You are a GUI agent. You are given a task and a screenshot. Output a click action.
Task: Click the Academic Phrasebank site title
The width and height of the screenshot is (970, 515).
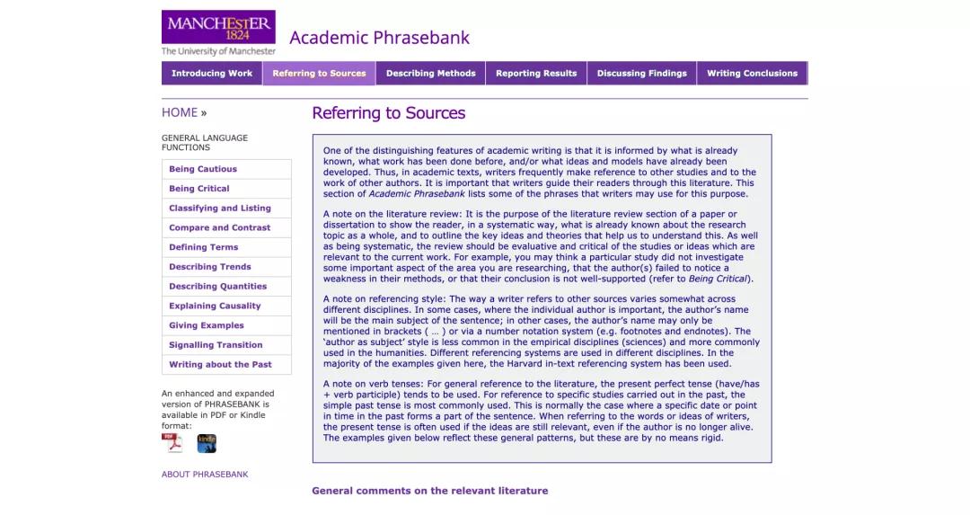point(379,38)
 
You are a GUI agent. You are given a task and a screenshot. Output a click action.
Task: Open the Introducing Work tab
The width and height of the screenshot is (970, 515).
point(212,74)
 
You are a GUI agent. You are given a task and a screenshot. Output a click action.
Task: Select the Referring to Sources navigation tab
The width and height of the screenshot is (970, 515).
point(319,74)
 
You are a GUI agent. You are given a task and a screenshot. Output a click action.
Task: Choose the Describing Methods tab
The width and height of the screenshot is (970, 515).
point(430,74)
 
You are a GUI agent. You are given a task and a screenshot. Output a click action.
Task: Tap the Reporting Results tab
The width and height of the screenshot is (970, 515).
point(536,74)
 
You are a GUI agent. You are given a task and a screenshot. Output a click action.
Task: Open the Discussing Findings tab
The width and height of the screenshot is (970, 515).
point(641,74)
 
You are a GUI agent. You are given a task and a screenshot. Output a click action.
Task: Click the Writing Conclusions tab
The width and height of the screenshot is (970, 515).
point(752,74)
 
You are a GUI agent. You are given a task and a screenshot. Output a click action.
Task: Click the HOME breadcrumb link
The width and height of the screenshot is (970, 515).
point(180,112)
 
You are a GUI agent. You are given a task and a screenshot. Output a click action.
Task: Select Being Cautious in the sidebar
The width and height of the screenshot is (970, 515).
point(203,169)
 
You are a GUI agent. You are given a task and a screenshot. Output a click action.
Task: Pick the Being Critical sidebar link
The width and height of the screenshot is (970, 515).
point(199,189)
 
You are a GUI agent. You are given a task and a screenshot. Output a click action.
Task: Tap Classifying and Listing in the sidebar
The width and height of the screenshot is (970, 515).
point(220,209)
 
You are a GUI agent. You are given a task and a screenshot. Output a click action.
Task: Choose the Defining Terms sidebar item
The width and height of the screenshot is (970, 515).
point(204,247)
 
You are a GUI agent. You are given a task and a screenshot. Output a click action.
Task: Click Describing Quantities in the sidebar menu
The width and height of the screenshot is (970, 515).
point(218,287)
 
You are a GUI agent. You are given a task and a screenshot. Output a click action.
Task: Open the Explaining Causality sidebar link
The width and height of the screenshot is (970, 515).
point(215,306)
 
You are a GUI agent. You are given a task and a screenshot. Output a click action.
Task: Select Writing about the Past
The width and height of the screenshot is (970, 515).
point(220,365)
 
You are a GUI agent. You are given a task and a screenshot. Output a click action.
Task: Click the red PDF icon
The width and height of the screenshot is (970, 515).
point(172,443)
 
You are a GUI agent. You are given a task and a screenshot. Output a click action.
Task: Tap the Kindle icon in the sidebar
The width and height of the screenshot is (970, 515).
point(207,443)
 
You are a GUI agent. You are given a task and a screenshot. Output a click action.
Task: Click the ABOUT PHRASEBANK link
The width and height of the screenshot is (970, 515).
point(205,475)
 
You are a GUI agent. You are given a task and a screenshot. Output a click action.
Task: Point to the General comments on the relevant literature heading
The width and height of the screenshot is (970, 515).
point(429,491)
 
